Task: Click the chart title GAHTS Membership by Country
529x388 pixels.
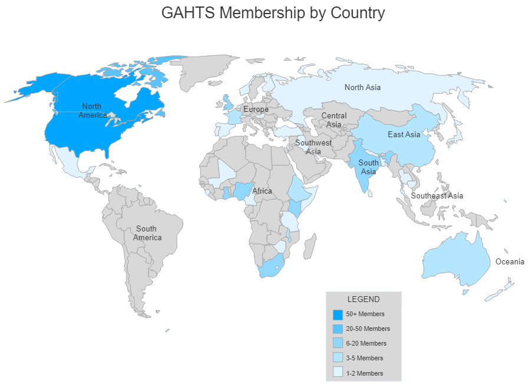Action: tap(273, 13)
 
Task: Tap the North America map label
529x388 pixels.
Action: tap(92, 111)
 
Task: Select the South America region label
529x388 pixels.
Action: tap(147, 233)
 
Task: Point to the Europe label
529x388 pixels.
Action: tap(256, 110)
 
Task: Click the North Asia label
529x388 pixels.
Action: tap(362, 88)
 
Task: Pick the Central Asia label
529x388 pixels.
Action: tap(333, 120)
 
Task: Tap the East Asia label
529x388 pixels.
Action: tap(404, 135)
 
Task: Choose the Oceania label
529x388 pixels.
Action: tap(510, 262)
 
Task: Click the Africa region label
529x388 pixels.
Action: tap(262, 191)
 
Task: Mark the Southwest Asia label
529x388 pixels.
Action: tap(313, 147)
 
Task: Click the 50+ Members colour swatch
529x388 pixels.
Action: tap(338, 314)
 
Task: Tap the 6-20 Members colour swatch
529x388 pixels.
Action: tap(338, 343)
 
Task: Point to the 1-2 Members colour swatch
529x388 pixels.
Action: tap(338, 372)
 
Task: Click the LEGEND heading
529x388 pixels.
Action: tap(363, 299)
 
